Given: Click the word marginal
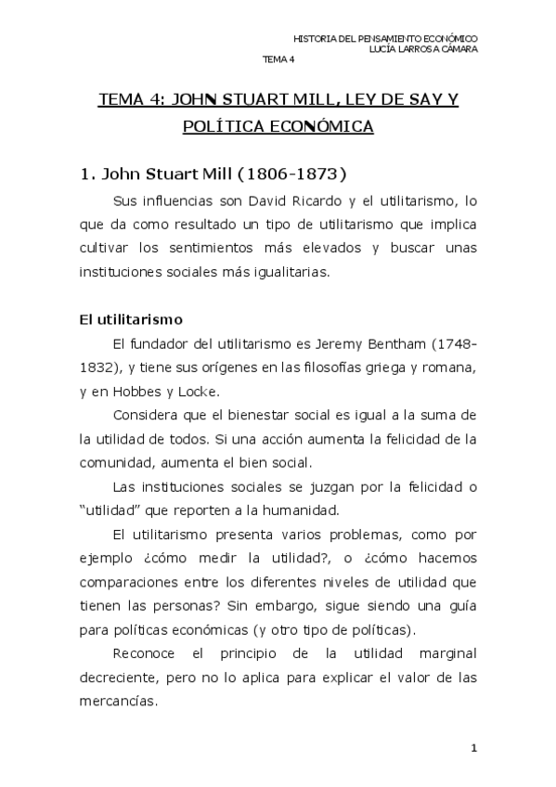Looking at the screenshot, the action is point(447,653).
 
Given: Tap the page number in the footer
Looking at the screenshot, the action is point(473,748).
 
